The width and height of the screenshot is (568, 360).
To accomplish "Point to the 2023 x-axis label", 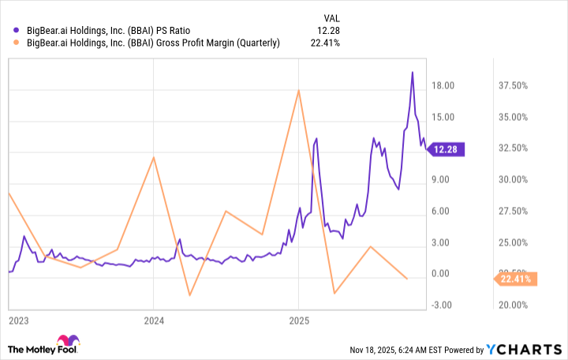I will pos(18,321).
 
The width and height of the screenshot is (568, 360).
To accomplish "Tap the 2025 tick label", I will pos(298,321).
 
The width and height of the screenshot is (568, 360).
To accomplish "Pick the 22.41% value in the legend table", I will pos(325,43).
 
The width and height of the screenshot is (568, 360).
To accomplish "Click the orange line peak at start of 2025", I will pos(298,90).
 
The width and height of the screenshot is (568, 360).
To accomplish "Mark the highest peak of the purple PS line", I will pos(412,73).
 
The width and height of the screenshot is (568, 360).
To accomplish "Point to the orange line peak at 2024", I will pos(153,157).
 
